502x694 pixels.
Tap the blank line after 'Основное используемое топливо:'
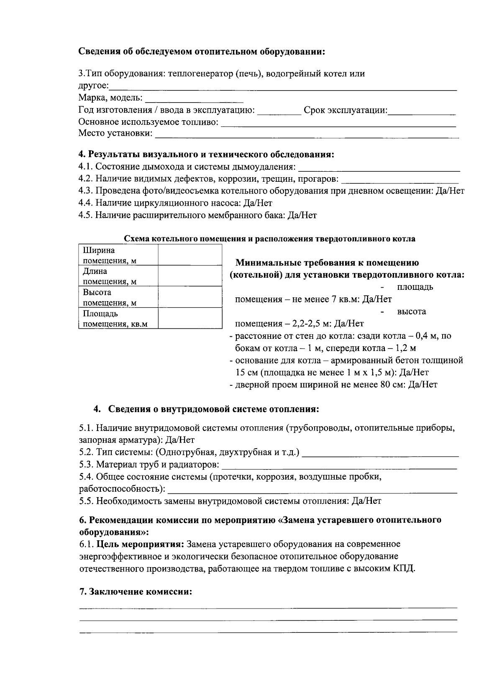point(338,123)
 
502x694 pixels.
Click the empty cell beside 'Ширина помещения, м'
point(190,255)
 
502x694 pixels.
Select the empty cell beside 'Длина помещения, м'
point(190,276)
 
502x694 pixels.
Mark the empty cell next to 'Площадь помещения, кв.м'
point(190,318)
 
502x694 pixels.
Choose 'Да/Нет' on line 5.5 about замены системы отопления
point(366,501)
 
